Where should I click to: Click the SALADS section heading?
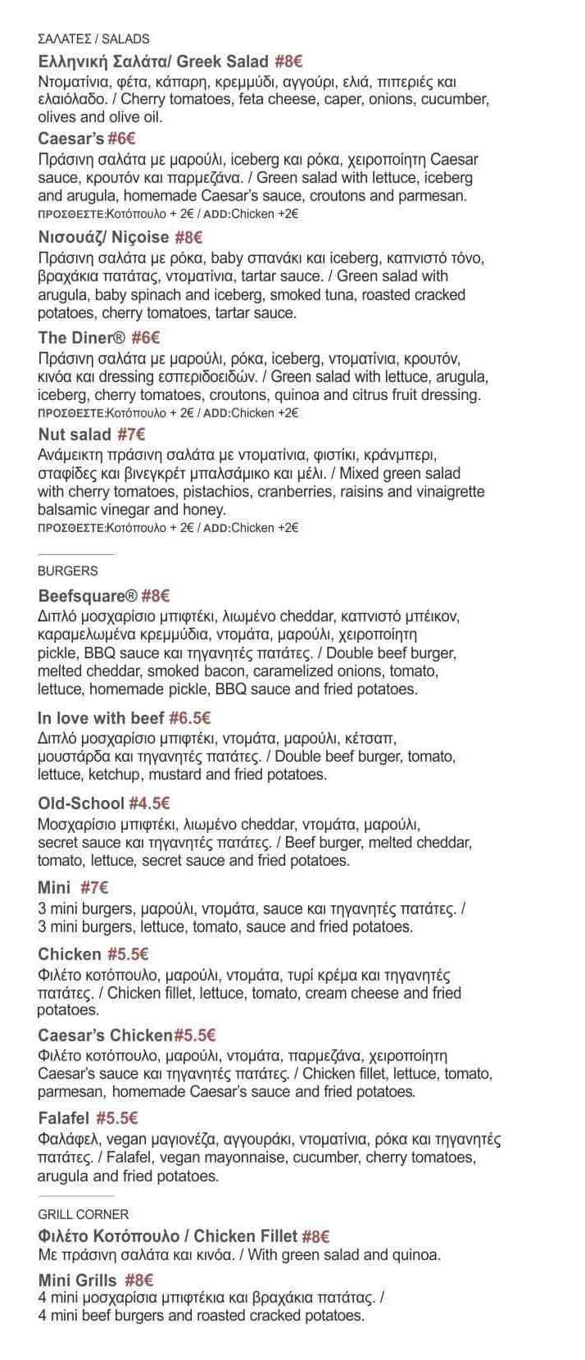click(x=93, y=39)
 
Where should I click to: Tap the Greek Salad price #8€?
click(x=289, y=61)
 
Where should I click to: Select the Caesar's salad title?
click(x=70, y=139)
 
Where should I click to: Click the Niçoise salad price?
click(x=188, y=238)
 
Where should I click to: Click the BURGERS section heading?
click(x=67, y=571)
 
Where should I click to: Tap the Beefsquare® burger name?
click(x=88, y=596)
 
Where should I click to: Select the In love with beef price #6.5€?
click(x=190, y=718)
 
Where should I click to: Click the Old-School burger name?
click(x=81, y=803)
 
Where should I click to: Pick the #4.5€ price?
click(x=149, y=803)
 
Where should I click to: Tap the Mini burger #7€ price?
click(x=95, y=887)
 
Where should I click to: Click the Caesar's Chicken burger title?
click(x=105, y=1035)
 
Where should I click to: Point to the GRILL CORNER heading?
click(x=83, y=1214)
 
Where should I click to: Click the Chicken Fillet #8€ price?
click(x=315, y=1236)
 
